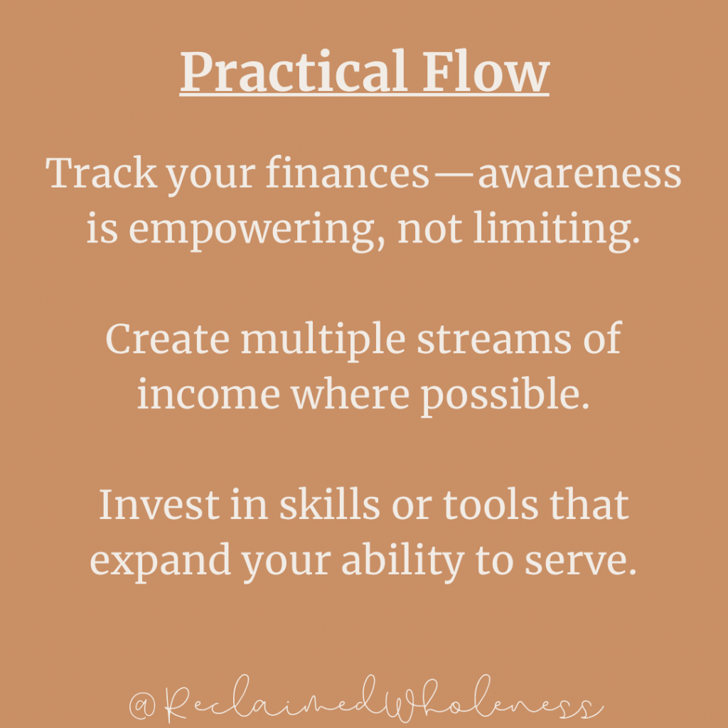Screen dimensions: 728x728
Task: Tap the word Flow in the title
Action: tap(486, 71)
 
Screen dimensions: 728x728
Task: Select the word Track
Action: tap(101, 173)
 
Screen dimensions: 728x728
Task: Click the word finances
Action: tap(347, 173)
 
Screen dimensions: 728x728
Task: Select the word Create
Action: tap(168, 338)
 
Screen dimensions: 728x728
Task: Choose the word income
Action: tap(208, 395)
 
